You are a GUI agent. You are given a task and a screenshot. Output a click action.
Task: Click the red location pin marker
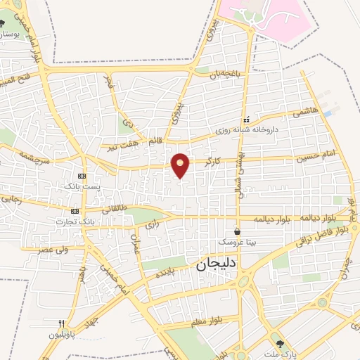click(181, 165)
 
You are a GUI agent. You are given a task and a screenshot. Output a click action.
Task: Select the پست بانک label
click(82, 186)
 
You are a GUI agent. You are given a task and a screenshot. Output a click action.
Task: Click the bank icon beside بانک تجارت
click(75, 211)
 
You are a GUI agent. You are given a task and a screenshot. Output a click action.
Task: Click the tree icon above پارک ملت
click(281, 343)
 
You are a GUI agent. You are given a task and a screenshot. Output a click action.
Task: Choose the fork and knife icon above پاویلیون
click(62, 323)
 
